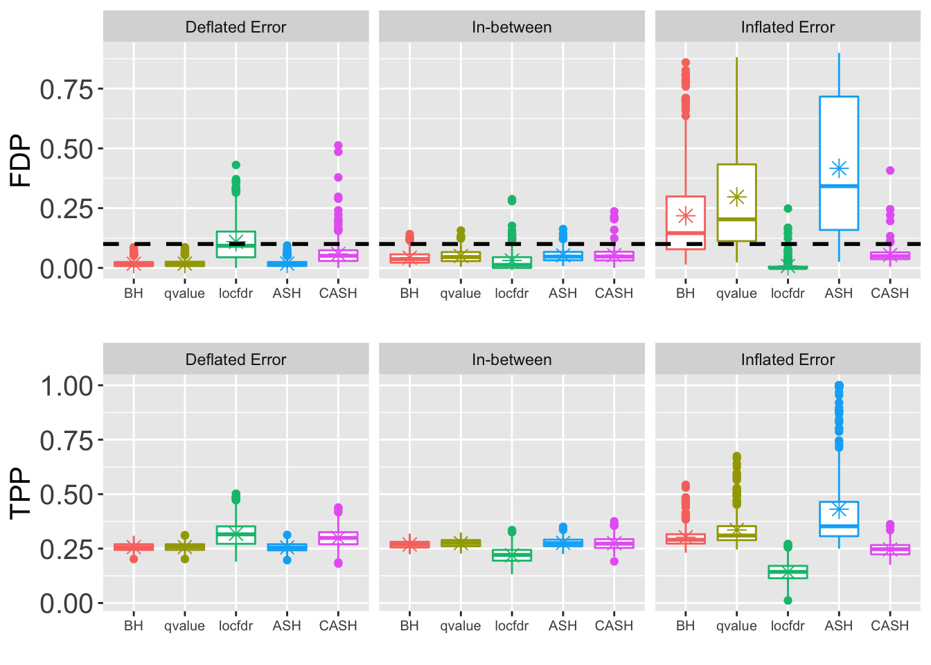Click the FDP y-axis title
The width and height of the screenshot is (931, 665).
click(x=21, y=161)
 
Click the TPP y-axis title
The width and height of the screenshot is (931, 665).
click(x=21, y=493)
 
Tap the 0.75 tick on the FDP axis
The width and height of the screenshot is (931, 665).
click(x=66, y=89)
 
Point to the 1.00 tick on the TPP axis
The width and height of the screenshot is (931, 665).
click(x=66, y=386)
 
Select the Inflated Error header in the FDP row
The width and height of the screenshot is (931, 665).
click(x=788, y=28)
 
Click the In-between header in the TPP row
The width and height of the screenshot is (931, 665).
click(x=511, y=360)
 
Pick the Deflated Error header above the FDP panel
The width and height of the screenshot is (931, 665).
click(x=236, y=28)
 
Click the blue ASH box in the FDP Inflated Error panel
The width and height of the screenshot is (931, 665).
click(x=839, y=139)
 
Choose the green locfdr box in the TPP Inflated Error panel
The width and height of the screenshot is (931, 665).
click(x=788, y=572)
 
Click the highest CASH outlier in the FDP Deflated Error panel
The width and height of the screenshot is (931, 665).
click(x=338, y=146)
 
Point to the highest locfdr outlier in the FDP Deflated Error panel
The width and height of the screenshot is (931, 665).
click(x=236, y=165)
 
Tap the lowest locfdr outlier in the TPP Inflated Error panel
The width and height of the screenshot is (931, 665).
click(x=788, y=601)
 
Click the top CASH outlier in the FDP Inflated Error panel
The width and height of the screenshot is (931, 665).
click(x=890, y=170)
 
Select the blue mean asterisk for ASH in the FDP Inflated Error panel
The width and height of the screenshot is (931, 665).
click(x=839, y=168)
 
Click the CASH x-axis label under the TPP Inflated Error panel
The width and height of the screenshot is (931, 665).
click(x=889, y=626)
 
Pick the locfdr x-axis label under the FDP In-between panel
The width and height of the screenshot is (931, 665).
click(x=511, y=294)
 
